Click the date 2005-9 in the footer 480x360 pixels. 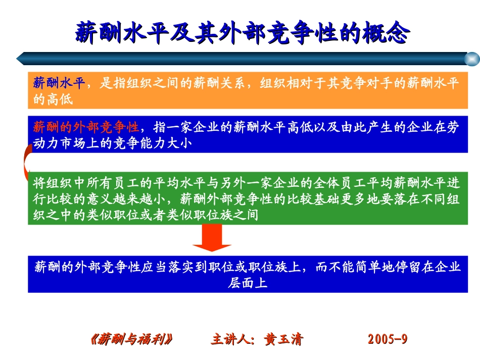click(388, 339)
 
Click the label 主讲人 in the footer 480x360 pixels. click(230, 339)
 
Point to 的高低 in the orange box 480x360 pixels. click(53, 99)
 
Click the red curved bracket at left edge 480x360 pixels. click(25, 162)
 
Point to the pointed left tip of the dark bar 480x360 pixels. click(19, 58)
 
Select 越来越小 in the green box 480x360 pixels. click(138, 198)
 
